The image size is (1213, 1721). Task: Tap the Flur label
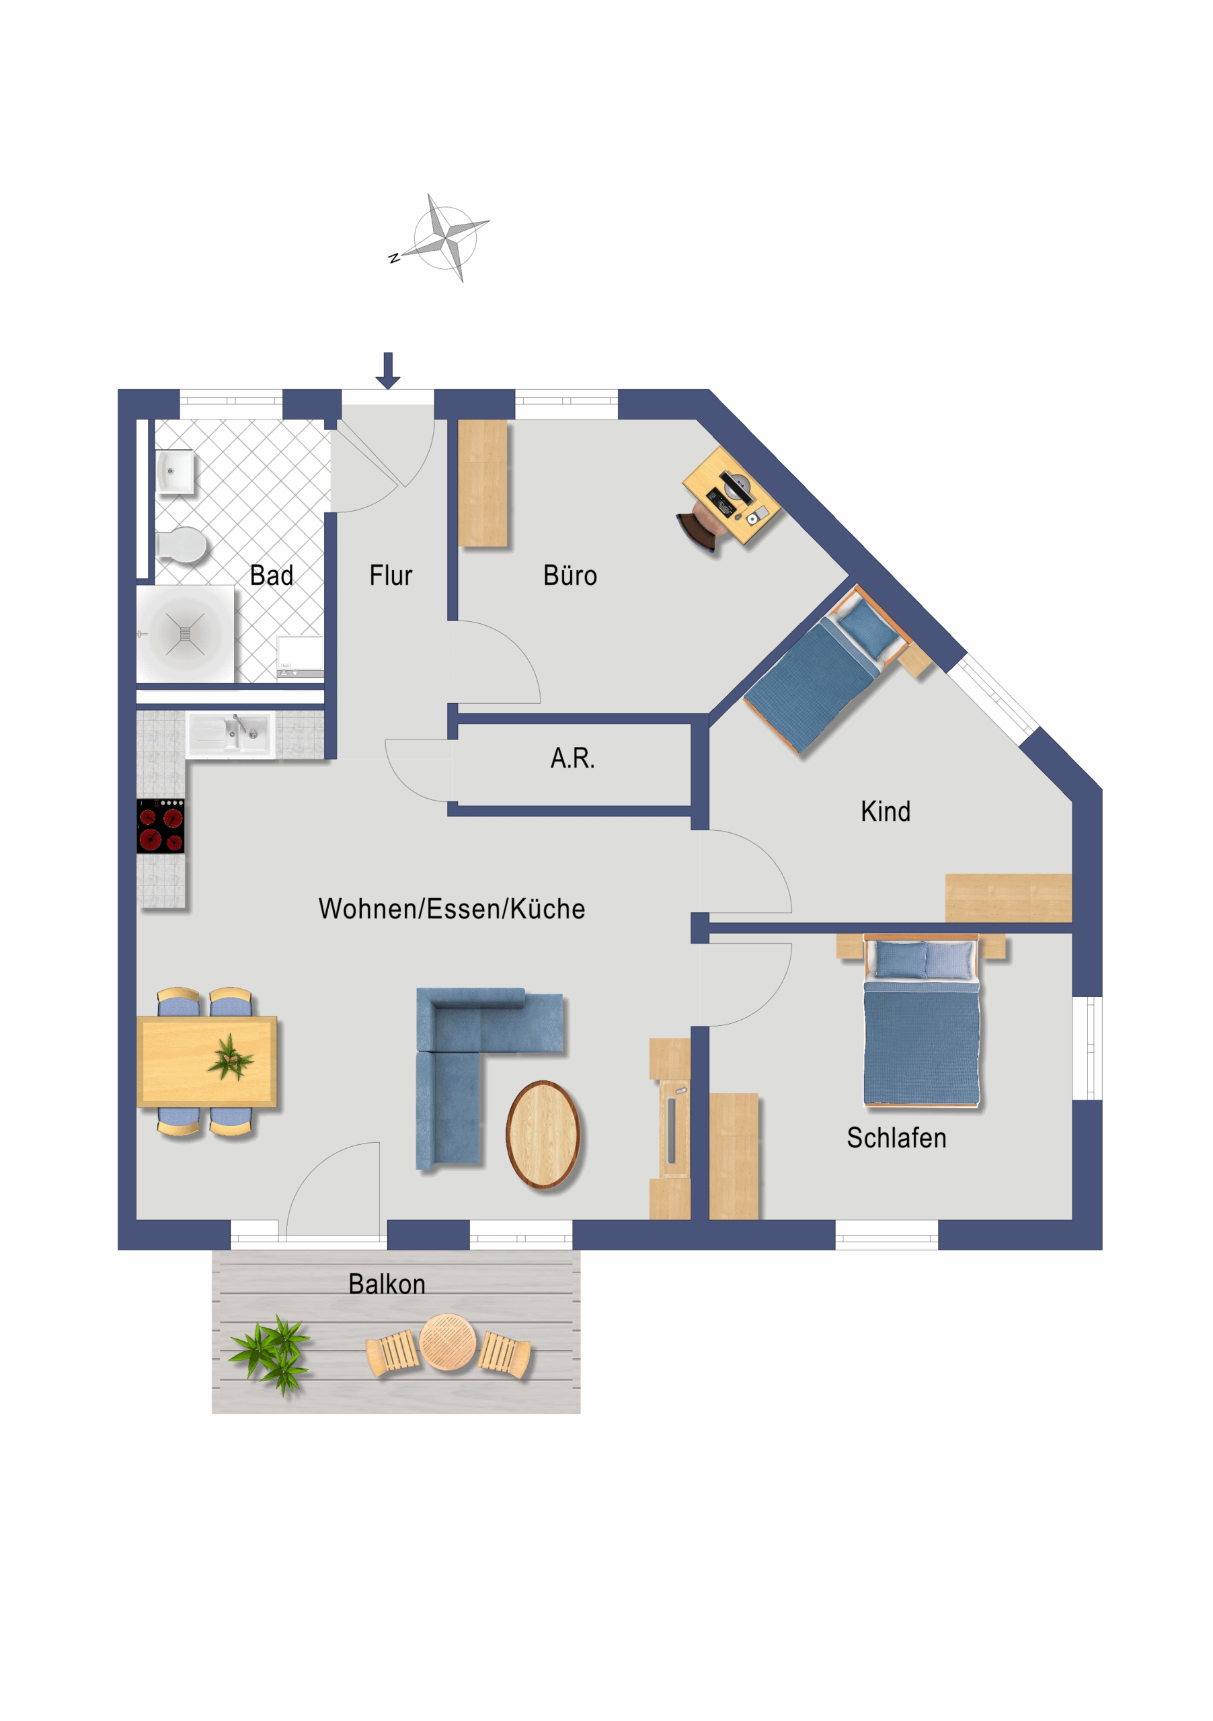(391, 575)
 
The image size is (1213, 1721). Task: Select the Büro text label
(570, 575)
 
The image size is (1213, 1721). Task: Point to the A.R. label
(572, 758)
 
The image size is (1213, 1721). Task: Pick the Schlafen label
(896, 1138)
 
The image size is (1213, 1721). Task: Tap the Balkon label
(387, 1284)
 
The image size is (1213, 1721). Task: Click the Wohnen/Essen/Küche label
(451, 908)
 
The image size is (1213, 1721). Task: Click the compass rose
(445, 237)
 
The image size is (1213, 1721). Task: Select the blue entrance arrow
(387, 371)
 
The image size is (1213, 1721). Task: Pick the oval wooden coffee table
(543, 1135)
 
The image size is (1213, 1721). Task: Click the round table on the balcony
(448, 1342)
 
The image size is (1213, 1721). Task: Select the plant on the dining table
(231, 1057)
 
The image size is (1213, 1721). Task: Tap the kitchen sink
(230, 734)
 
